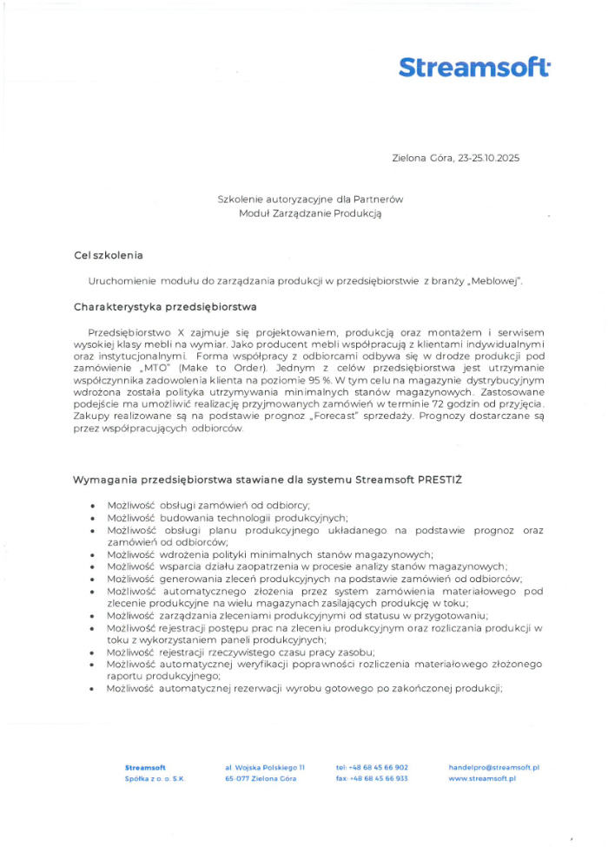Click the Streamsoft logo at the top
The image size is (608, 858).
[474, 68]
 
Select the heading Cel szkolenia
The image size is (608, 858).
[109, 255]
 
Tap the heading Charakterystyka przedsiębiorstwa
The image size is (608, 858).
[164, 306]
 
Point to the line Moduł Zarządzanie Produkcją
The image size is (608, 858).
[310, 213]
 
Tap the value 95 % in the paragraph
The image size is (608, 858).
[296, 380]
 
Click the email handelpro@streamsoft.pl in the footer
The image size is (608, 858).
[494, 768]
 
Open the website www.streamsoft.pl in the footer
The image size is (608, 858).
[482, 779]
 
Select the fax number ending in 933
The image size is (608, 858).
[372, 779]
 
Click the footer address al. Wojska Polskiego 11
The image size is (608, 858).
[265, 768]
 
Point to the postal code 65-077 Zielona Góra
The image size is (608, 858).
[261, 779]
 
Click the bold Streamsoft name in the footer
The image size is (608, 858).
[145, 768]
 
